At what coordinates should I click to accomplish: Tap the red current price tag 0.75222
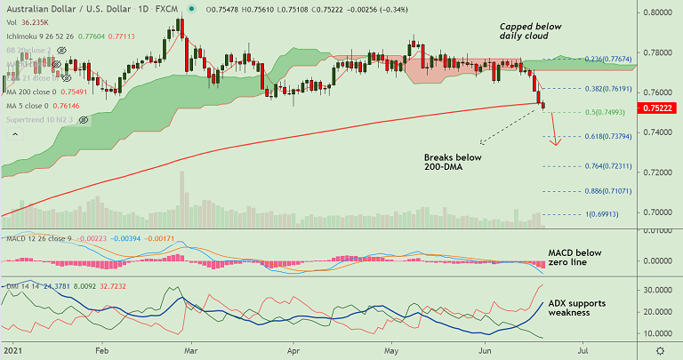coord(661,108)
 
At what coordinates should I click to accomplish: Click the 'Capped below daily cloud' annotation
coord(531,33)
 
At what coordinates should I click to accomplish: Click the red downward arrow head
coord(555,143)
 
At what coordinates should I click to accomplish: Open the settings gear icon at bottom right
coord(659,349)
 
